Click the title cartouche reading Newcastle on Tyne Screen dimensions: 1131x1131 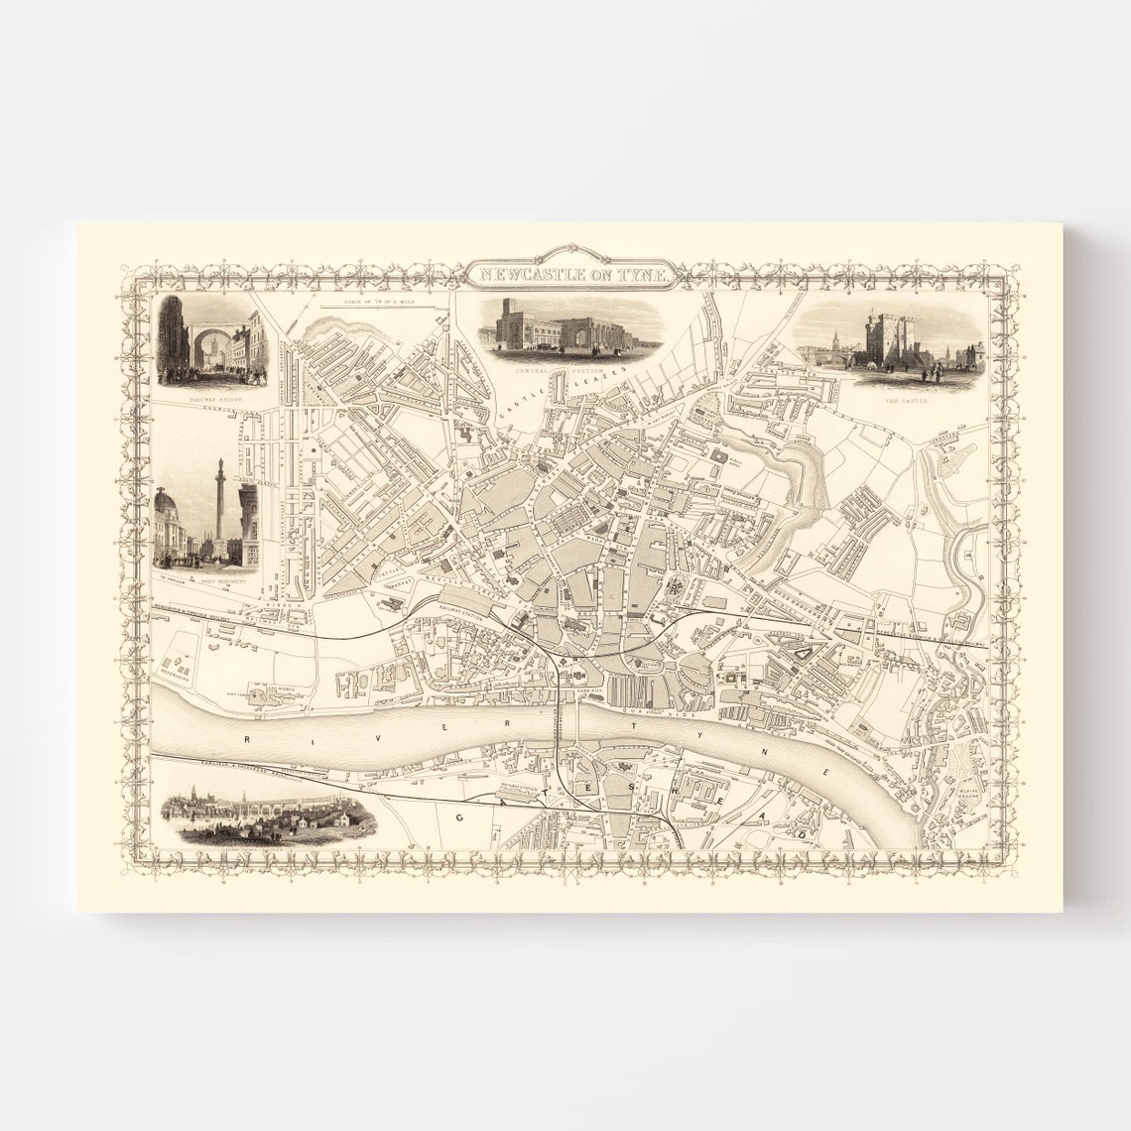click(566, 274)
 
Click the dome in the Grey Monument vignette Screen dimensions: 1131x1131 click(166, 500)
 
